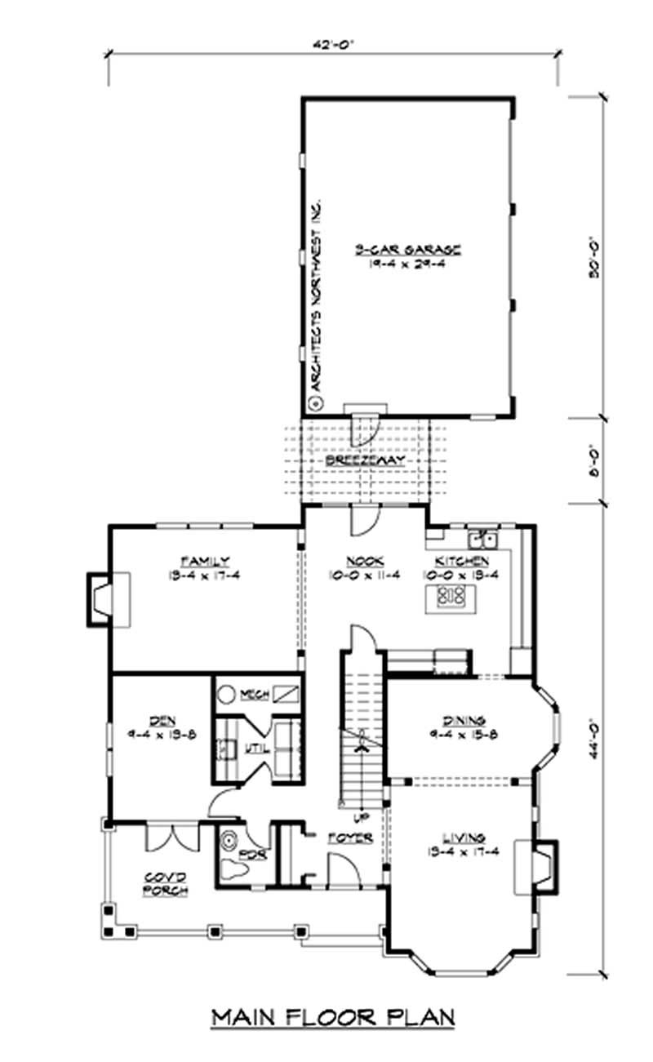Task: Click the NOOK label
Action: click(x=360, y=561)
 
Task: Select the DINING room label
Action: click(x=464, y=721)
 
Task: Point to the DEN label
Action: click(x=158, y=720)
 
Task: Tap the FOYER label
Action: click(x=350, y=838)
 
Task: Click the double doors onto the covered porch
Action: click(x=171, y=838)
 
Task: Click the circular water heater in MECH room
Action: click(x=227, y=695)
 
